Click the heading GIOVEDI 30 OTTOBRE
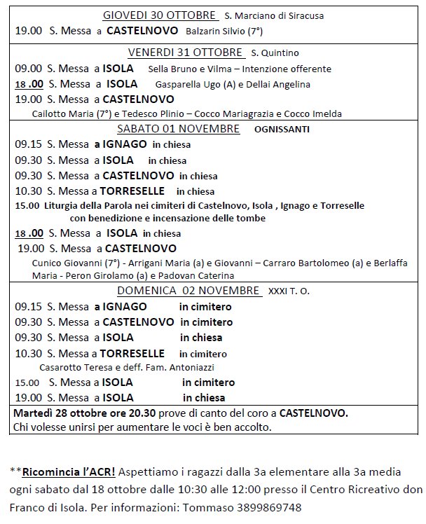coord(160,15)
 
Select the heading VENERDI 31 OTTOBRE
coord(185,53)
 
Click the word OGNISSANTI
coord(282,130)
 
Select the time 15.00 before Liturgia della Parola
coord(27,206)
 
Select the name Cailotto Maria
coord(61,113)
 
